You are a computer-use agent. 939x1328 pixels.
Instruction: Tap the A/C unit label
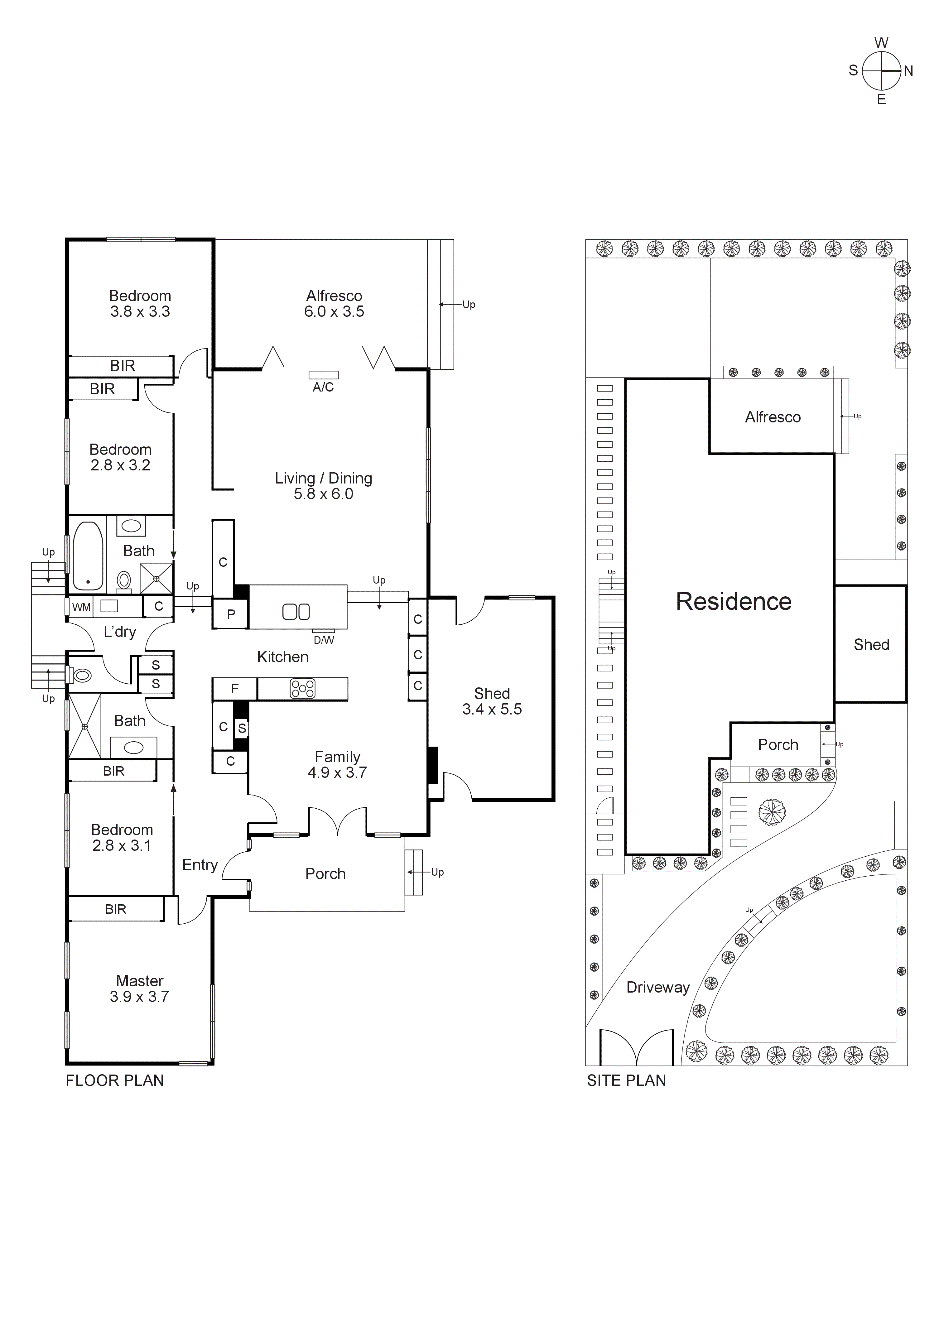(x=323, y=387)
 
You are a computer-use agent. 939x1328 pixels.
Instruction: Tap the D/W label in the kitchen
(x=323, y=640)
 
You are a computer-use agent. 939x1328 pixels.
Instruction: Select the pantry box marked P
(x=231, y=614)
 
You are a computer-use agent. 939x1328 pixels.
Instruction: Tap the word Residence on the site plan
(x=734, y=602)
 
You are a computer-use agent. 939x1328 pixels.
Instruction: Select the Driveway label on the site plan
(x=658, y=987)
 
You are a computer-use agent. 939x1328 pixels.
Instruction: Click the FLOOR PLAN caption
(x=114, y=1080)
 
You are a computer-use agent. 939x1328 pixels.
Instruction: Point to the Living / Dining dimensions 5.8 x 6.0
(x=323, y=494)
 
